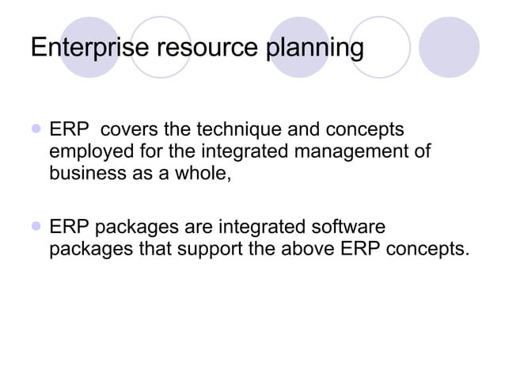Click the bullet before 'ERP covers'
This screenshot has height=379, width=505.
(x=35, y=128)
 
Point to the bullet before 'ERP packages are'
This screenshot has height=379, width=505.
(x=35, y=228)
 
